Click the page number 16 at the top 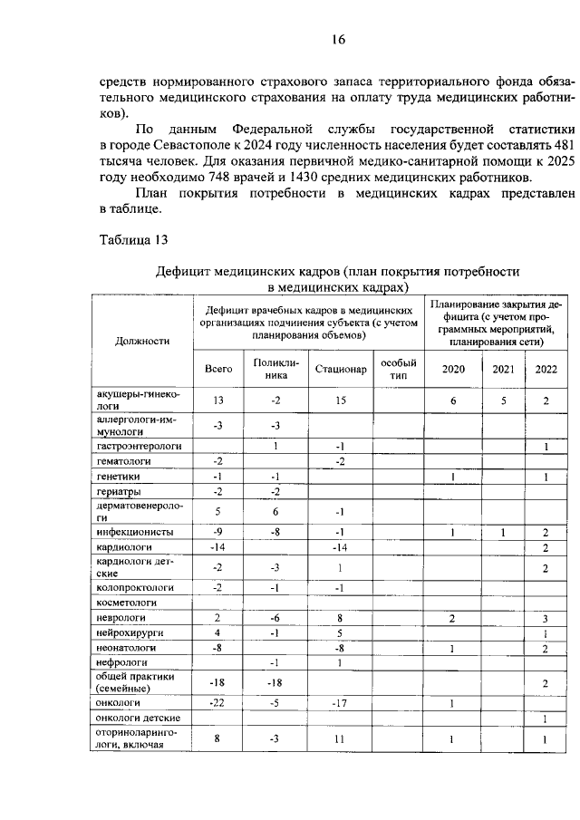click(338, 39)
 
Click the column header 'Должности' click(143, 341)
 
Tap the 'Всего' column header click(218, 369)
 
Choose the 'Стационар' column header click(341, 369)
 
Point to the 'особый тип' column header click(398, 369)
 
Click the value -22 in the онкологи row click(218, 702)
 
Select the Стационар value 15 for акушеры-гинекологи click(341, 400)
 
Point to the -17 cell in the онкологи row click(341, 702)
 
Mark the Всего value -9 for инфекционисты click(218, 532)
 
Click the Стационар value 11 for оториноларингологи click(341, 739)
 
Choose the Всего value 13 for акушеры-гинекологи click(218, 400)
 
